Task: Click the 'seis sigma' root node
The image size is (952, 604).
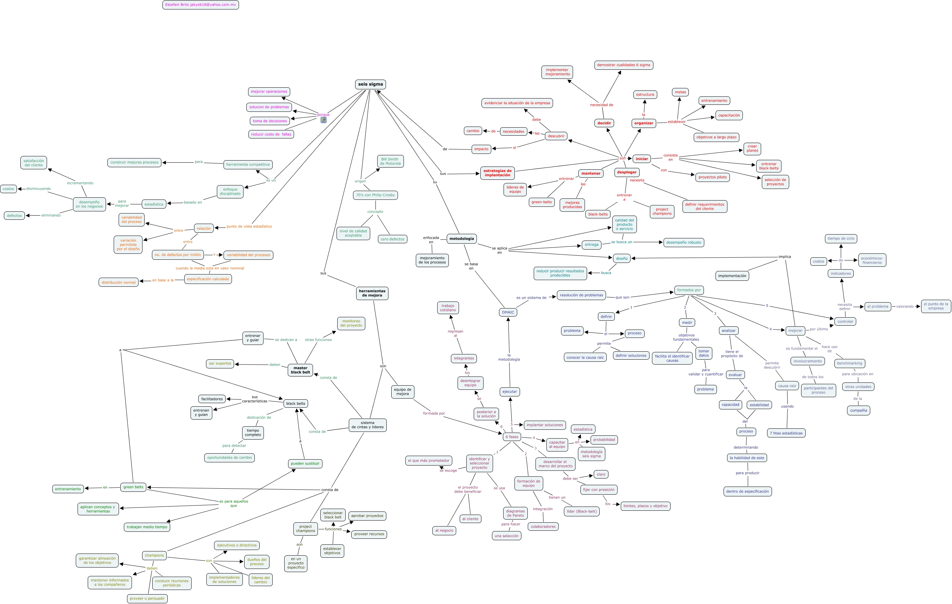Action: coord(370,84)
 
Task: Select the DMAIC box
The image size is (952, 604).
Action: coord(508,312)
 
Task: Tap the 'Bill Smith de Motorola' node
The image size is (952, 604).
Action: coord(390,161)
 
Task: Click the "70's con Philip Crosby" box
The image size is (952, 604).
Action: coord(375,195)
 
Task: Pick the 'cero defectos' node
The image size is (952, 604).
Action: coord(392,239)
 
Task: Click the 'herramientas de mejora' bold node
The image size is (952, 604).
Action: coord(372,293)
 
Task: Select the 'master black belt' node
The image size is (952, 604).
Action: coord(300,370)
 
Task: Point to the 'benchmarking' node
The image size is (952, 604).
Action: coord(850,364)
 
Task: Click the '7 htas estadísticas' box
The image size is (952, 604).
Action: coord(786,433)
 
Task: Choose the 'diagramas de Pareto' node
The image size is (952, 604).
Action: coord(515,513)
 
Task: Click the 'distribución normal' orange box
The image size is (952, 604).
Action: coord(119,283)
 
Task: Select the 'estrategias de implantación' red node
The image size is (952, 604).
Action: coord(497,173)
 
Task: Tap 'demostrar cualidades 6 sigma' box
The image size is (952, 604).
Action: coord(624,65)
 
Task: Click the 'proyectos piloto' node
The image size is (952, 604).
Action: coord(712,177)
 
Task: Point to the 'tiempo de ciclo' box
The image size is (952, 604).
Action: coord(841,239)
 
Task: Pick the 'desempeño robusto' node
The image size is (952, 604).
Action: coord(684,243)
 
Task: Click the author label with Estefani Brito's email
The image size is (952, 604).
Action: coord(200,5)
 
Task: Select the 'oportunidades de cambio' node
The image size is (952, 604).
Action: coord(229,458)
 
